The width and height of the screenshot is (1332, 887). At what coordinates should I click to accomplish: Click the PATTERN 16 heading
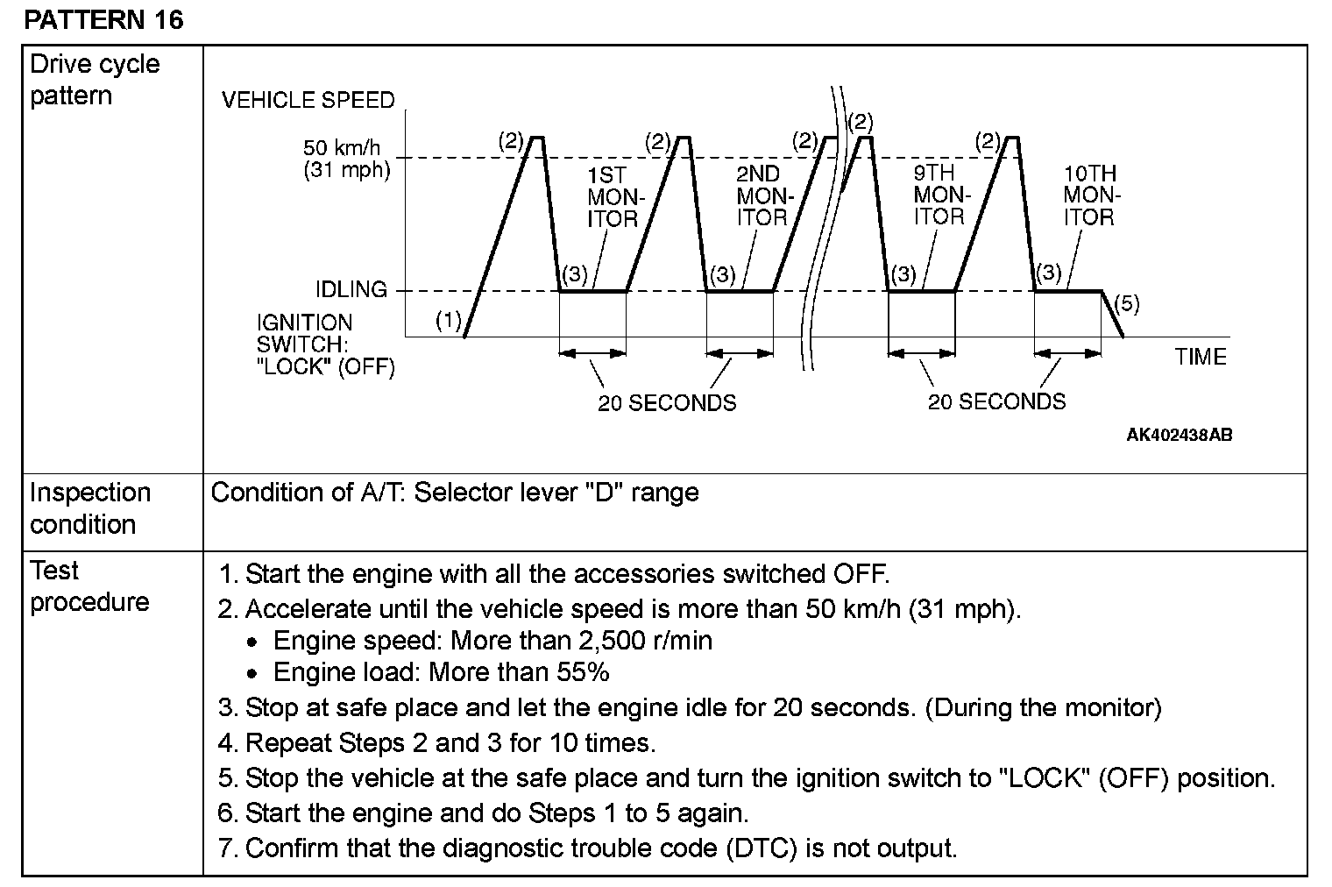[x=104, y=19]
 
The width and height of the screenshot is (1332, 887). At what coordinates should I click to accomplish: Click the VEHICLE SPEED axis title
[x=308, y=101]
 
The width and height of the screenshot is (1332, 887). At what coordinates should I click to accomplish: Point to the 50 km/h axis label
[x=346, y=147]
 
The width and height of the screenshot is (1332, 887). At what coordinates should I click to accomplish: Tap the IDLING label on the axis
[x=351, y=289]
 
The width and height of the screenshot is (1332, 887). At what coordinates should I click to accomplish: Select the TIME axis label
[x=1201, y=357]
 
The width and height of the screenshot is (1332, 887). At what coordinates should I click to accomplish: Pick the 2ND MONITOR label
[x=761, y=196]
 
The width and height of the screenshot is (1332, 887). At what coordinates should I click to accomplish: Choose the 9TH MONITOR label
[x=939, y=195]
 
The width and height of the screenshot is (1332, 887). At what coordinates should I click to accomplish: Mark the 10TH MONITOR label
[x=1089, y=195]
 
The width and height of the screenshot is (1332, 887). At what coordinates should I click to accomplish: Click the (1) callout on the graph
[x=449, y=321]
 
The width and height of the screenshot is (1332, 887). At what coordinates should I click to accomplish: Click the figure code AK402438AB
[x=1179, y=435]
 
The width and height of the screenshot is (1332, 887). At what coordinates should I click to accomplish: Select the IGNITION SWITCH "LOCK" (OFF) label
[x=325, y=344]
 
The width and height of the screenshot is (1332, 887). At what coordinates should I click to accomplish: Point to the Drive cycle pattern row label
[x=95, y=80]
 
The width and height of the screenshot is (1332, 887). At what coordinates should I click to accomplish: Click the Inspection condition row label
[x=90, y=508]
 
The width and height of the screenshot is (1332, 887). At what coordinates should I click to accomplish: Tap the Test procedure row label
[x=89, y=586]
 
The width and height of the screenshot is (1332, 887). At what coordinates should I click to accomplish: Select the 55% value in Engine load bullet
[x=583, y=672]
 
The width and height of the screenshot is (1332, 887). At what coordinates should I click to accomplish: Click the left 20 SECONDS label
[x=667, y=403]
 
